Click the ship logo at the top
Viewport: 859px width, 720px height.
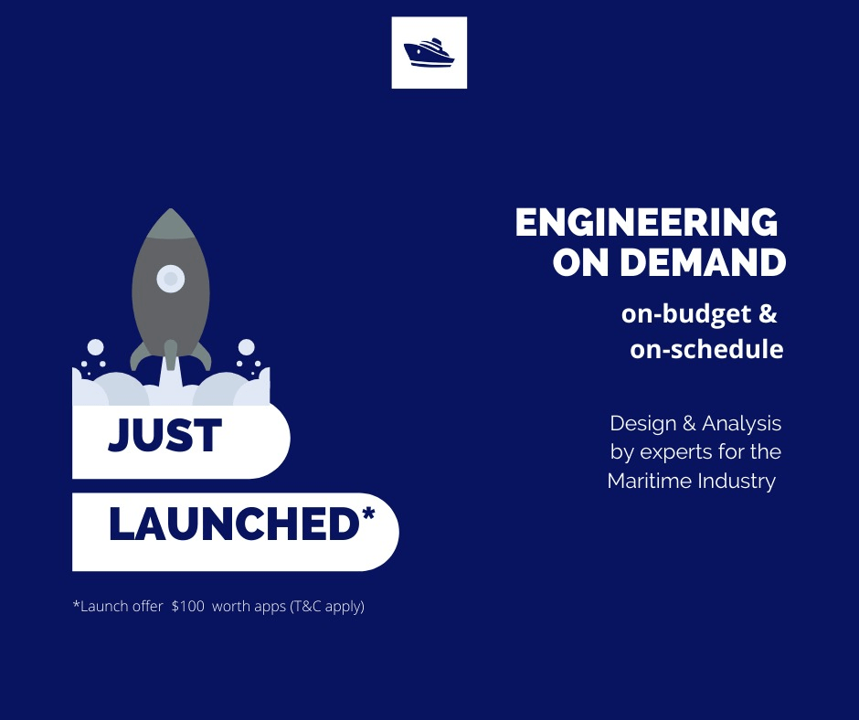[429, 52]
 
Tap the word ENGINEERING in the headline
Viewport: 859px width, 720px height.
[645, 223]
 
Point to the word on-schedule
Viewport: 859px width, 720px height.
[706, 349]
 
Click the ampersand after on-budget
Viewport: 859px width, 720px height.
[767, 314]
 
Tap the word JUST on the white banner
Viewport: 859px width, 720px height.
[165, 436]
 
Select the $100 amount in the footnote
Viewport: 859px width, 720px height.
[188, 606]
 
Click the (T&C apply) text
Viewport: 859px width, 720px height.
[327, 606]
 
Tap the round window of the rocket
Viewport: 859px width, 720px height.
[171, 278]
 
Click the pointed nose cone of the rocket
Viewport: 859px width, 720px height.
[171, 223]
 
